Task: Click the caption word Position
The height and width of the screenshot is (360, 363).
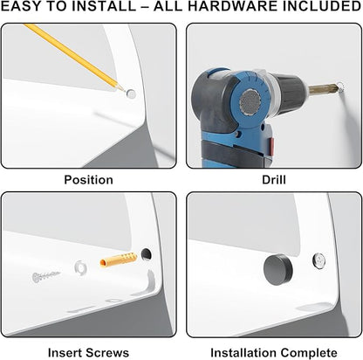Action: (88, 180)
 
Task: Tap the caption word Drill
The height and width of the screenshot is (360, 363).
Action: (274, 180)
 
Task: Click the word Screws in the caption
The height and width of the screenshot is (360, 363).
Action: (107, 353)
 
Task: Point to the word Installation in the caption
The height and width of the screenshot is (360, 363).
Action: (241, 353)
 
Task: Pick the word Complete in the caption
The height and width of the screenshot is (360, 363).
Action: (306, 353)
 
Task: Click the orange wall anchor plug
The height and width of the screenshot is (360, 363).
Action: (119, 260)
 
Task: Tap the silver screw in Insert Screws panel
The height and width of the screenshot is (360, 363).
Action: (46, 276)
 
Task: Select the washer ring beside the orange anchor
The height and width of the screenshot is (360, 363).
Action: (80, 267)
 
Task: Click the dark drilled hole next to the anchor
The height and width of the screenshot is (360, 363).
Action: (147, 254)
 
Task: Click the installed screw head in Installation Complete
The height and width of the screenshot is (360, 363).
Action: (319, 260)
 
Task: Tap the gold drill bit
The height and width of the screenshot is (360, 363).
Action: (323, 88)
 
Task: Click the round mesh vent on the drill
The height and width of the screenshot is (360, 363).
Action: (250, 102)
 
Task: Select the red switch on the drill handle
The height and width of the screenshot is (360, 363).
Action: (271, 146)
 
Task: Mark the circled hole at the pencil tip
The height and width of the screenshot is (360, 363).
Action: (131, 93)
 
